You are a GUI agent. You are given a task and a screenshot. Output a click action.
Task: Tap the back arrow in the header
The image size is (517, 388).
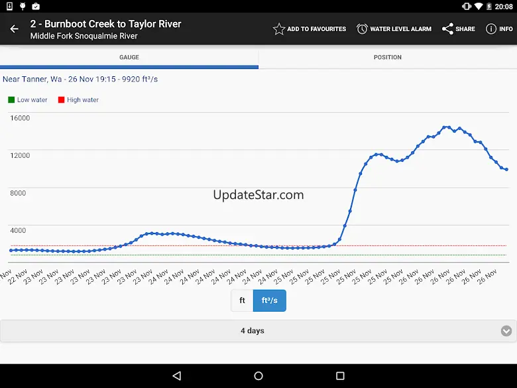click(14, 29)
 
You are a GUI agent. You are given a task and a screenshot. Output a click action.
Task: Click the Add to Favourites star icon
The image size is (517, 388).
click(279, 29)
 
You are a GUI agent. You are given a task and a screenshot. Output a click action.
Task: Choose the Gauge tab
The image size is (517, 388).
click(129, 57)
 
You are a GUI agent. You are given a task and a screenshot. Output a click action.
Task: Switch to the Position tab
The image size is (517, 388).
click(388, 57)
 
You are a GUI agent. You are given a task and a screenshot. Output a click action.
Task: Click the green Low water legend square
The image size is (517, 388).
click(11, 100)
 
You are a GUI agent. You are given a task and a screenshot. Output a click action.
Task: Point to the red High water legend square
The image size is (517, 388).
click(61, 100)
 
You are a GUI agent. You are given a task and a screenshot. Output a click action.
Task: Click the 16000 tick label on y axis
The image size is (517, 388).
click(20, 118)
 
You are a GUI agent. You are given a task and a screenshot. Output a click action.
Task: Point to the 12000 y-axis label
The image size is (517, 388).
click(20, 156)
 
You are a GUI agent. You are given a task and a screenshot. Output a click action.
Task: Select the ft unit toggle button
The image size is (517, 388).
click(242, 300)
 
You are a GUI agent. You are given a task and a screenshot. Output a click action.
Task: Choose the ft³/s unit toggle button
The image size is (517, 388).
click(270, 300)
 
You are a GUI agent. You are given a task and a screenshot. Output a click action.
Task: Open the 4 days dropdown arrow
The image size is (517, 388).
click(506, 331)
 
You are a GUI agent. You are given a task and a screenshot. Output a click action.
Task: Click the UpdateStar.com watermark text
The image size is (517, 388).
click(258, 195)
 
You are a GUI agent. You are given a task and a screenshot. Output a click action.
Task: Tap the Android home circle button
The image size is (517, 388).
click(258, 376)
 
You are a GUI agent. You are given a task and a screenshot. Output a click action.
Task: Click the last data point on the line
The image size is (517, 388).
click(506, 170)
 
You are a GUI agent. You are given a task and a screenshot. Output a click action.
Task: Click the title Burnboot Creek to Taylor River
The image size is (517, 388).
click(106, 24)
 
